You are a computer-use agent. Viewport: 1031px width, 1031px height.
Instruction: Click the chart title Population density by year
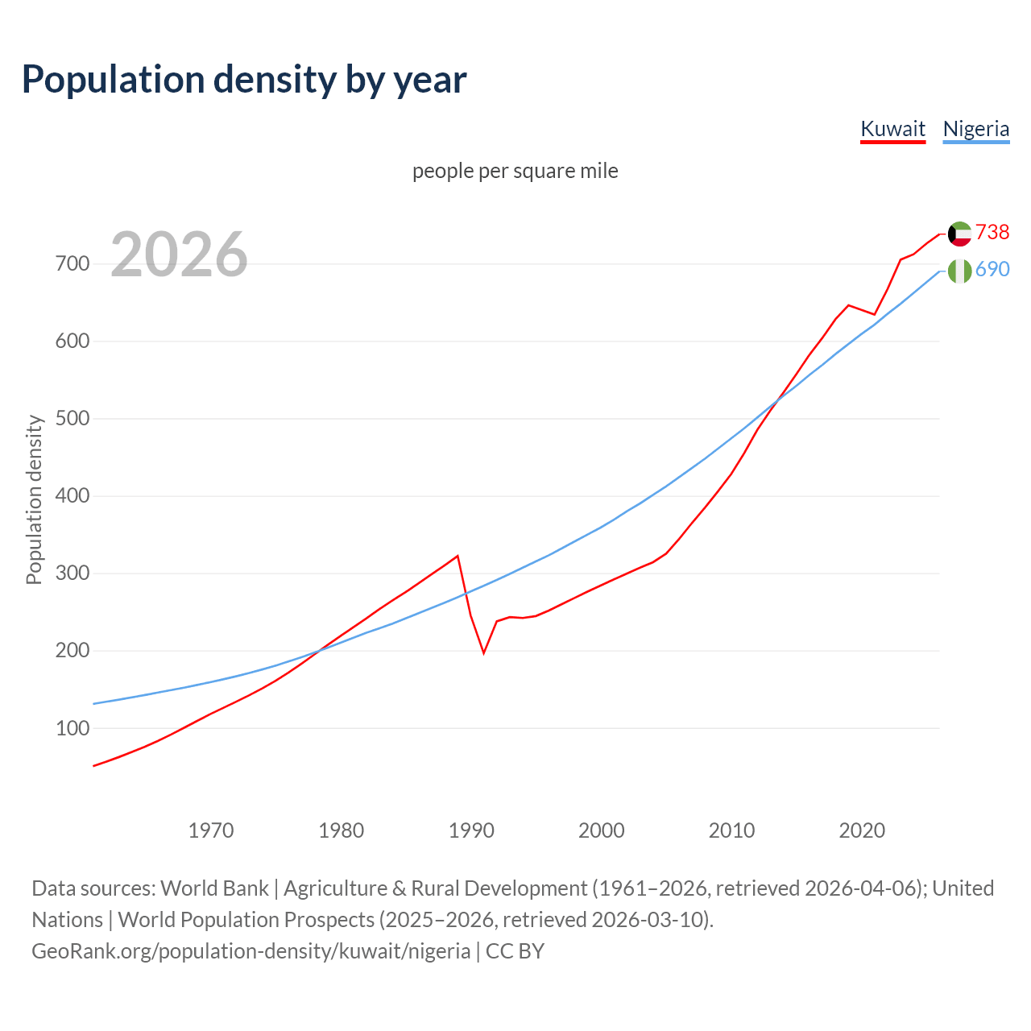point(244,79)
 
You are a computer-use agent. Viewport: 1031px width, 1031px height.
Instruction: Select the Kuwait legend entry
point(892,129)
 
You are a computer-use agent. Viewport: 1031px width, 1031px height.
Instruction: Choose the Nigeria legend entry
point(975,129)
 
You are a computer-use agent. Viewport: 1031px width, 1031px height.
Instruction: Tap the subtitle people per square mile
point(515,171)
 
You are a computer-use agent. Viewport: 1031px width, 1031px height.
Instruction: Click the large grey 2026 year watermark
point(179,255)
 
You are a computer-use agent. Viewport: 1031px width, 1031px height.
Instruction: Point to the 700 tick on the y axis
point(72,264)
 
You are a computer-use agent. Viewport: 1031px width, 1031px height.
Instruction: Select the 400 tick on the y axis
point(72,496)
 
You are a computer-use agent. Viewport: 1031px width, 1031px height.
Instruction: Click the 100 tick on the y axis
point(72,728)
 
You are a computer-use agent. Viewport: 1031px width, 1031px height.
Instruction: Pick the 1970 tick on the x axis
point(211,830)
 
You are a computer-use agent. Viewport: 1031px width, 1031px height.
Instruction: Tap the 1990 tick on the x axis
point(471,830)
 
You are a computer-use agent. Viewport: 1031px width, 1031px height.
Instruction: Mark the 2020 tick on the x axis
point(862,830)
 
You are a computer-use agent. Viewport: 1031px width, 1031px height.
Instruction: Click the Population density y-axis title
point(34,499)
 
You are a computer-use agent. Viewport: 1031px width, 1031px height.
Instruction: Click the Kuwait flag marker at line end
point(959,234)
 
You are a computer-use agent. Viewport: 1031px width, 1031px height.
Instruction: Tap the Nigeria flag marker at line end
point(959,271)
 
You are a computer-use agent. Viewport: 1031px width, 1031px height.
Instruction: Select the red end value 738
point(992,232)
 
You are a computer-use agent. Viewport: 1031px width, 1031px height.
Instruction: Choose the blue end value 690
point(992,269)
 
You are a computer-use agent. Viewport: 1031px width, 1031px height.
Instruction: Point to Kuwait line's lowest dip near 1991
point(483,652)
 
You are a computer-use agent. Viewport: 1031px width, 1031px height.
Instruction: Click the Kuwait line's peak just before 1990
point(458,556)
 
